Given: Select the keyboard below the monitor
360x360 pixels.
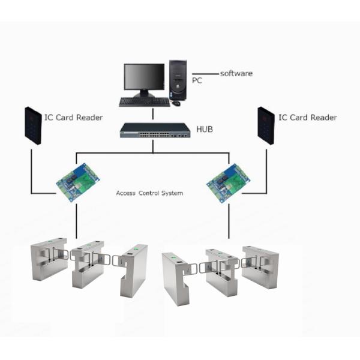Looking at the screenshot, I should (144, 102).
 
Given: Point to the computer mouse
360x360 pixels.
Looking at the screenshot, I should (176, 103).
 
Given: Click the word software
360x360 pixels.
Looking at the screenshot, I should (236, 73).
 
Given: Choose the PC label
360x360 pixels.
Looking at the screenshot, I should (196, 79).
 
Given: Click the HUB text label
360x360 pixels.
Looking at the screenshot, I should (205, 129).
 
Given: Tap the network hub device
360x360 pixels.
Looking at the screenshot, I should (153, 130).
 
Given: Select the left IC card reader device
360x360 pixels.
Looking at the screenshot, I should (33, 125).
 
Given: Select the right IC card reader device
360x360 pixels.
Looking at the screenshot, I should (266, 125).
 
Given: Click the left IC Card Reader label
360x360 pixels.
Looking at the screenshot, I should (73, 118).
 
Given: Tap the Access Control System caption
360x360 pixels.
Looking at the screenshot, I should (149, 193).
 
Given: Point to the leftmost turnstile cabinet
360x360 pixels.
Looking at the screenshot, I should (48, 258).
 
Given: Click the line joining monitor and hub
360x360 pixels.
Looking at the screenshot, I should (152, 115).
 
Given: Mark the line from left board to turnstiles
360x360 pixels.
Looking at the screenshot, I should (77, 222).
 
